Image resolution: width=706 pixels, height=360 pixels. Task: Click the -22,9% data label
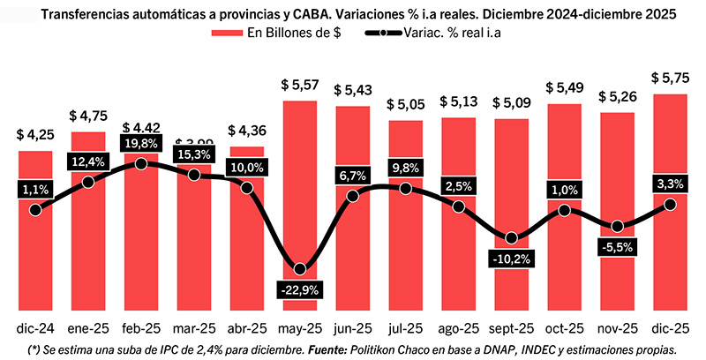(300, 289)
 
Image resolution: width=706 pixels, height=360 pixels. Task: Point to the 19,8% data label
(141, 143)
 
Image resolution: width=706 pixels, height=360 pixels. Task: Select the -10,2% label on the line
(511, 259)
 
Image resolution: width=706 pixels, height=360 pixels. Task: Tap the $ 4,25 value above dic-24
(35, 135)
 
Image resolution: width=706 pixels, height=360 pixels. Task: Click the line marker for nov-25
(617, 226)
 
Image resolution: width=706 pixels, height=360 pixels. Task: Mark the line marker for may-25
(300, 268)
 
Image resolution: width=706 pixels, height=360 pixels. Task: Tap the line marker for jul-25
(406, 189)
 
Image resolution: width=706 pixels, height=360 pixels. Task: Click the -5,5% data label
(617, 248)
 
